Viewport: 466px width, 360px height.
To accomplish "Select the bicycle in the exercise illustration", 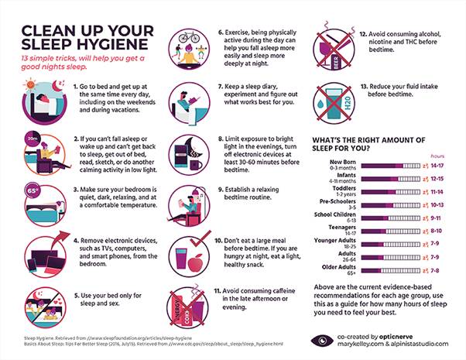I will [188, 38].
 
